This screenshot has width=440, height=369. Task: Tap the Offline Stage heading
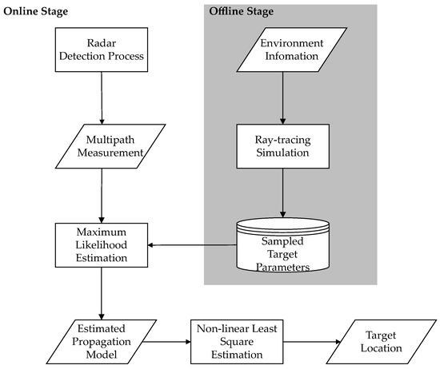point(242,12)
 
